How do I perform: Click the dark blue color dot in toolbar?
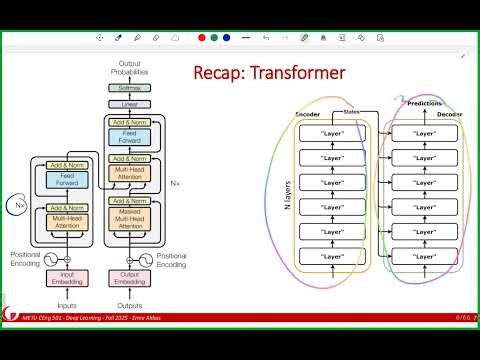[x=227, y=37]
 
